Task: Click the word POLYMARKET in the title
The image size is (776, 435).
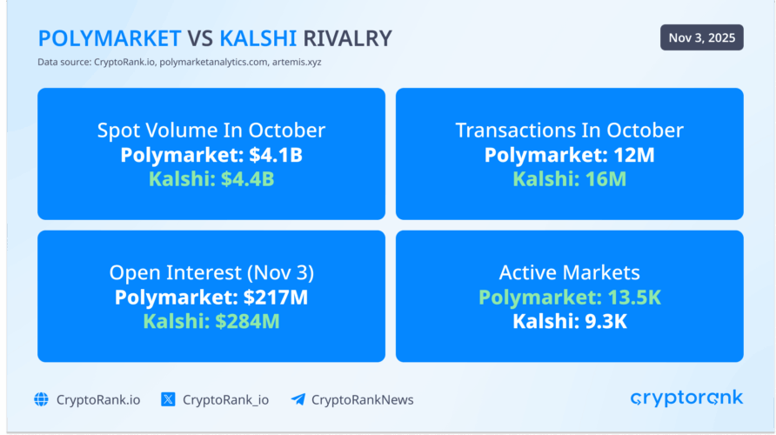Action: point(110,38)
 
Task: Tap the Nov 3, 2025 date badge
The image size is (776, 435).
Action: point(701,37)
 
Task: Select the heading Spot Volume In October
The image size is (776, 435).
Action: point(211,130)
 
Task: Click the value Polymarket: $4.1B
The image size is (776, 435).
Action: point(211,156)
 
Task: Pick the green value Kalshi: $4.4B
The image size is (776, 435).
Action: point(211,180)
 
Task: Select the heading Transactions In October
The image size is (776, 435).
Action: point(569,130)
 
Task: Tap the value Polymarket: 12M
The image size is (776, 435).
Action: point(569,156)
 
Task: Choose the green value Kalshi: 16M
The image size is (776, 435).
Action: point(569,180)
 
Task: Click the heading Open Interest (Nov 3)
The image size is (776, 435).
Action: point(211,272)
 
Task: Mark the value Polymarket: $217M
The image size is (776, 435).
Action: point(211,298)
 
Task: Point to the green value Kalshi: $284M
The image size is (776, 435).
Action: point(211,322)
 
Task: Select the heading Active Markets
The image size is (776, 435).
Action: point(569,272)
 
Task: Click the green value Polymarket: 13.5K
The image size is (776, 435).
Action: point(569,298)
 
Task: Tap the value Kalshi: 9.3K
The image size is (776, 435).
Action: point(569,322)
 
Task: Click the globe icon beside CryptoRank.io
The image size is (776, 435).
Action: point(42,399)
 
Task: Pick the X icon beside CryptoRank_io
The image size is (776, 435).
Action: point(169,399)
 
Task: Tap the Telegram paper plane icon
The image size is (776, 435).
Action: point(298,399)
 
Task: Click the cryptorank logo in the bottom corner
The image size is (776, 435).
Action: point(686,398)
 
